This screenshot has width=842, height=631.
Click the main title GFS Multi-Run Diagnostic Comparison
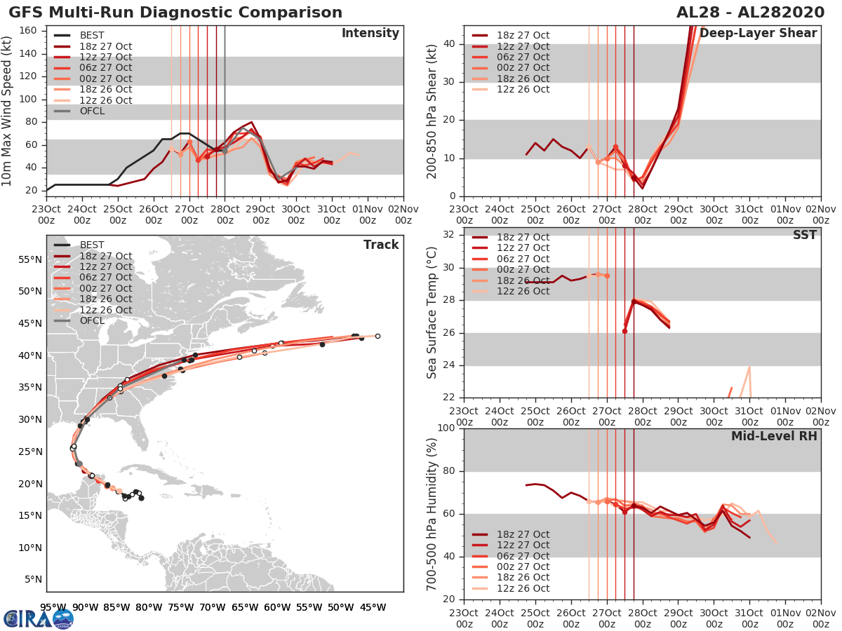175,13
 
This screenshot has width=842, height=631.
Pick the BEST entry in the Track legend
92,245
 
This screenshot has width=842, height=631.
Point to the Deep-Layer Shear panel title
758,34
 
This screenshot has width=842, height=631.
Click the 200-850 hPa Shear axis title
433,111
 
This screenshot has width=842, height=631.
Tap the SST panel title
806,235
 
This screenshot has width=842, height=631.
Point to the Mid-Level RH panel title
774,436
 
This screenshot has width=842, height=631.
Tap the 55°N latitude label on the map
28,259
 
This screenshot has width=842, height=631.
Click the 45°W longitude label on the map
373,607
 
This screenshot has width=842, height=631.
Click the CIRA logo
38,618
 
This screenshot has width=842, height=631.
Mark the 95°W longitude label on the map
53,607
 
